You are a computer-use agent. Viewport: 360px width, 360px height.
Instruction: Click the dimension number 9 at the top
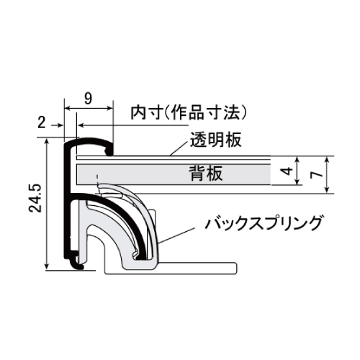point(88,98)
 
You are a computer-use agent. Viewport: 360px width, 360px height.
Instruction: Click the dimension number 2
point(42,123)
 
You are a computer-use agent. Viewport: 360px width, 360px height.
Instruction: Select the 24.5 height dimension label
point(35,198)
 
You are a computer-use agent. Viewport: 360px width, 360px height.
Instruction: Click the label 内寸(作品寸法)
point(189,112)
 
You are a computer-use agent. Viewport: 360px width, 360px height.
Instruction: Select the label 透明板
point(216,140)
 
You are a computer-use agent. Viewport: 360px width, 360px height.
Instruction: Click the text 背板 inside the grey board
point(206,174)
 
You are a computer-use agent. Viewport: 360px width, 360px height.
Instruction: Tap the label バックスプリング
point(264,223)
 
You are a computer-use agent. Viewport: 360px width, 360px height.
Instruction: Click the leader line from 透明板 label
point(179,149)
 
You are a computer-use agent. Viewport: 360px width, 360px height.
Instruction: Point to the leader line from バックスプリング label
point(176,235)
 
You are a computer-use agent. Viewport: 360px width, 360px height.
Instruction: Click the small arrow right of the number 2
point(58,125)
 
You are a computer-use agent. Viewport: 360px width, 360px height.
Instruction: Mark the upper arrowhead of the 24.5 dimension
point(48,142)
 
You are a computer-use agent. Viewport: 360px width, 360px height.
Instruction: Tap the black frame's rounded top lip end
point(109,150)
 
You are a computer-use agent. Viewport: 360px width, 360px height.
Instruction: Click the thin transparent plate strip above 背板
point(174,158)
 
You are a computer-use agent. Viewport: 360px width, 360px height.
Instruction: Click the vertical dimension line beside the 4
point(297,171)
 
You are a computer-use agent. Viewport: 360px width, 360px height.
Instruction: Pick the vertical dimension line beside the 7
point(328,174)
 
